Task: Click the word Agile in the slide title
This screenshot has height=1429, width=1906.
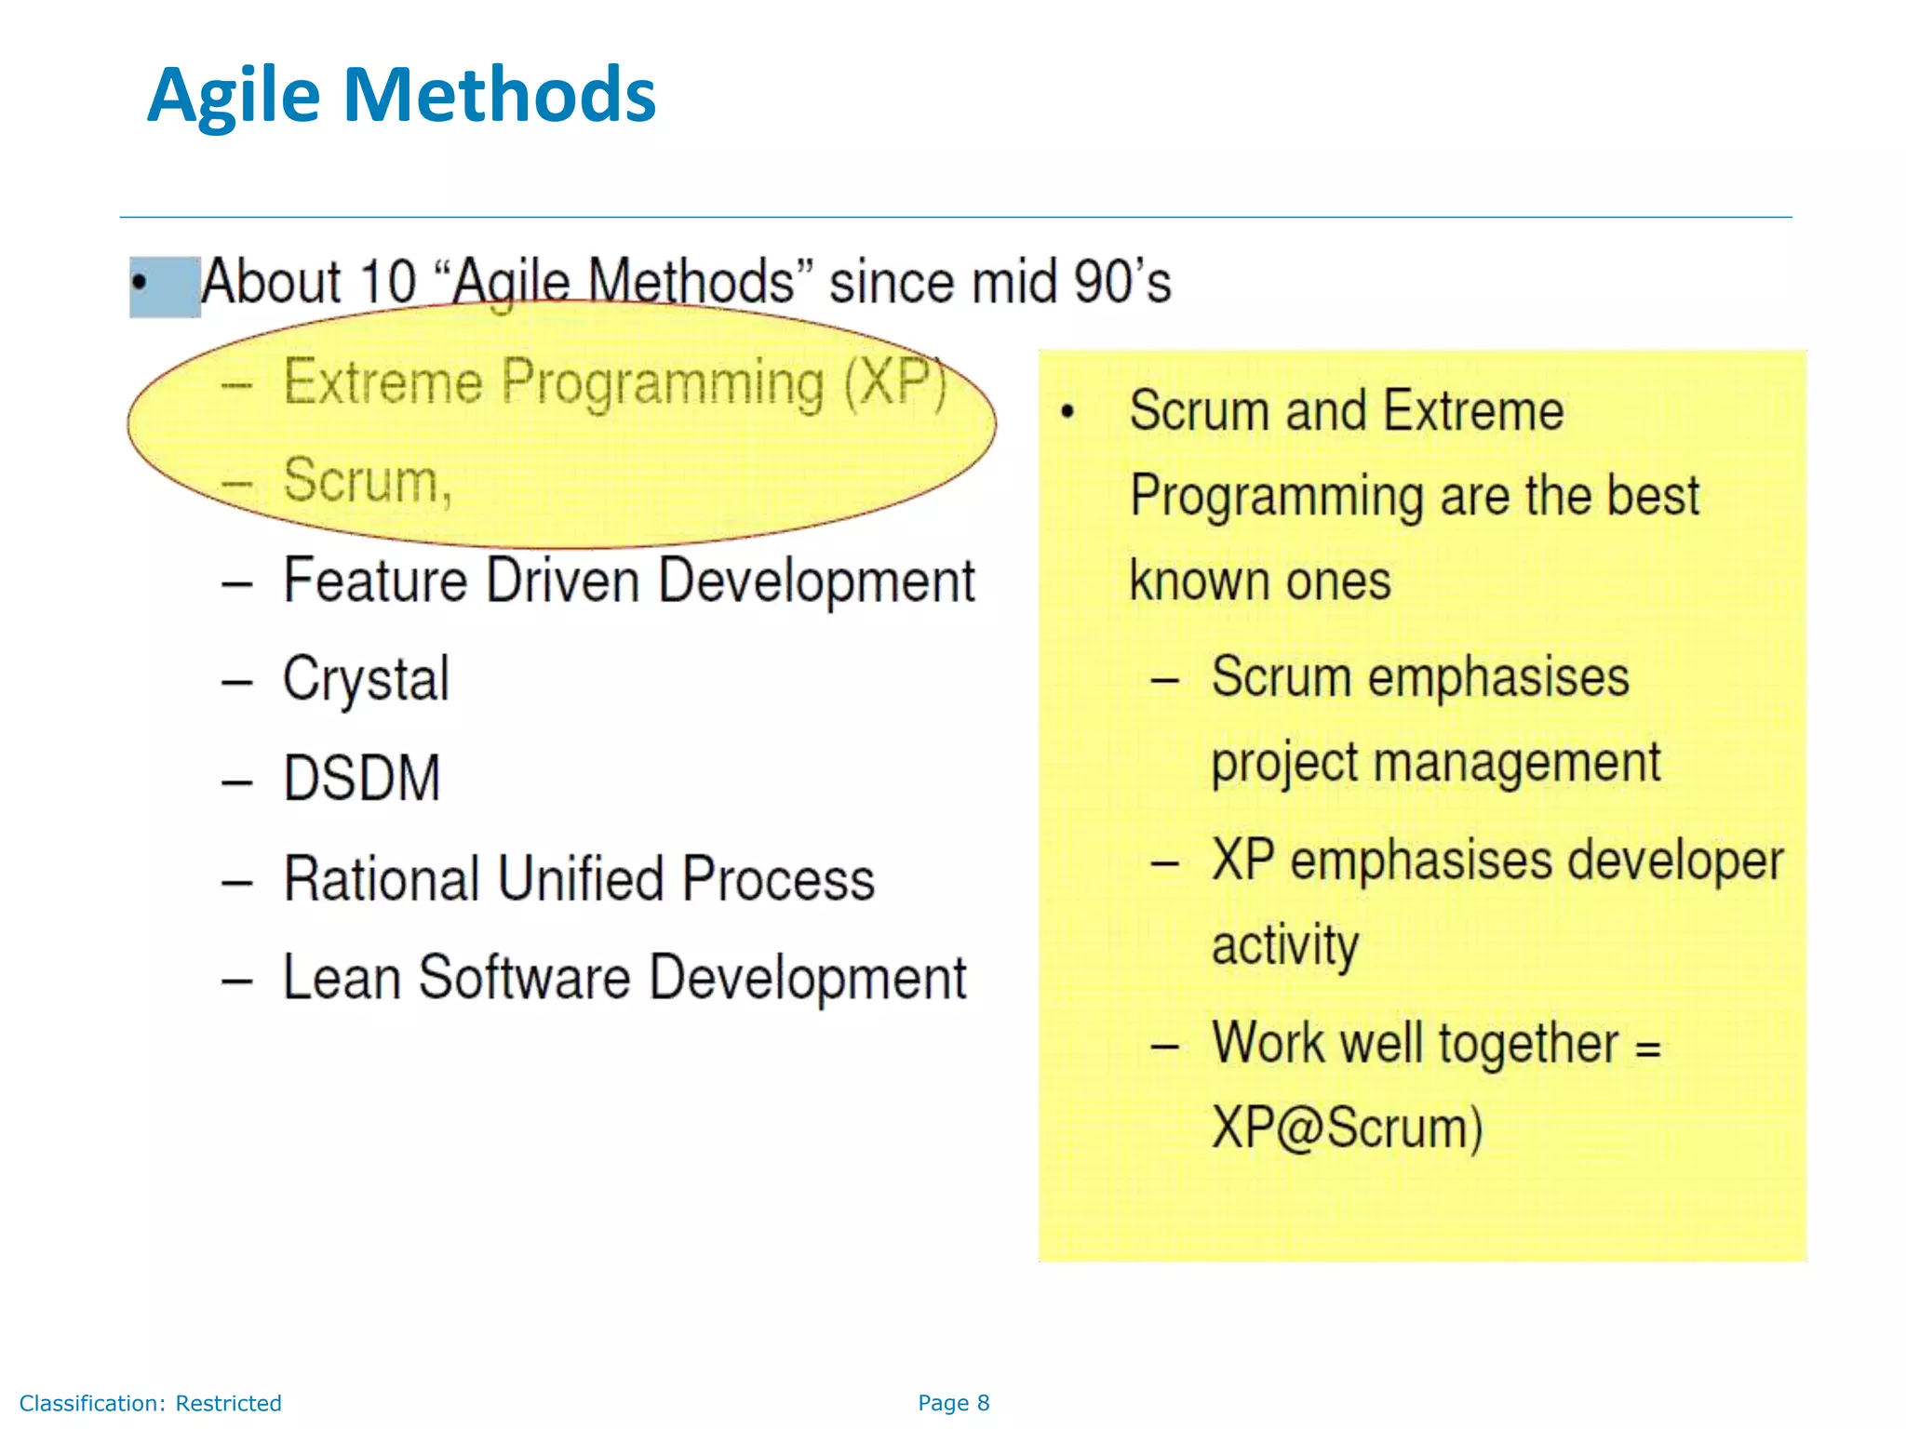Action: [234, 96]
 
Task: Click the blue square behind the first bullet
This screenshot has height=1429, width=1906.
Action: [166, 287]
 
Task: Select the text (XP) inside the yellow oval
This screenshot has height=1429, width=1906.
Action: [894, 381]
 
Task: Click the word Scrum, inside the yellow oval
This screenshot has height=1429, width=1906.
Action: [368, 481]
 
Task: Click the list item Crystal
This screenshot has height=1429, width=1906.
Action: [366, 680]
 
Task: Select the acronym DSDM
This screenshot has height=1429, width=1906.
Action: [361, 779]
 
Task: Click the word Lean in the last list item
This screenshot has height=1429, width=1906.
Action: [341, 978]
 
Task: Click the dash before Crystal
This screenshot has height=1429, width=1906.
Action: [237, 682]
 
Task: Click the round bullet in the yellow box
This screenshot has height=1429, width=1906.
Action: [1067, 411]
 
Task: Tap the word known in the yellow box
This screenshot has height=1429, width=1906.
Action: [1181, 581]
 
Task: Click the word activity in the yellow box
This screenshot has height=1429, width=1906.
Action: [1284, 946]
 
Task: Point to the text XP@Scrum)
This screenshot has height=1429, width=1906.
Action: [1347, 1129]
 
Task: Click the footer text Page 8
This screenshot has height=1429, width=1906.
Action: [953, 1403]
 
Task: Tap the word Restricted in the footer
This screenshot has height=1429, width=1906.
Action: [228, 1403]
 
